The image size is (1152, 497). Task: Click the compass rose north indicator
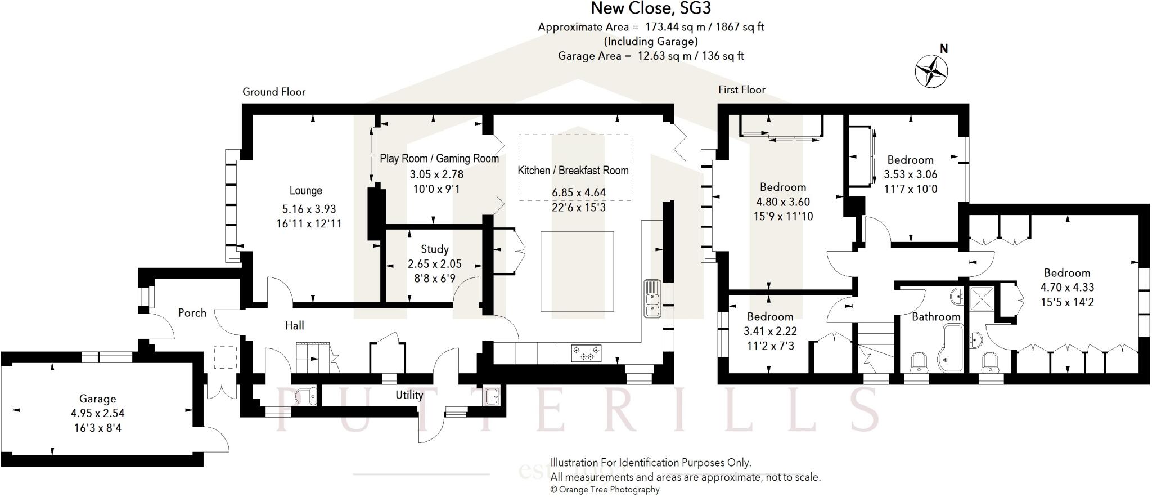[931, 71]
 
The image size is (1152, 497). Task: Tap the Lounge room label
[305, 191]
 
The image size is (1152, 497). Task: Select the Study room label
[434, 249]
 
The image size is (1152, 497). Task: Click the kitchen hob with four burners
[586, 353]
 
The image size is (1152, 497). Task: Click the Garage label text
[97, 399]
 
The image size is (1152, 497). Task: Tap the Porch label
[192, 313]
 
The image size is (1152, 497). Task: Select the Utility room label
[409, 395]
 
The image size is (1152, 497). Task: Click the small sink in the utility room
[491, 396]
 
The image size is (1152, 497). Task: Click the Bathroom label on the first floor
[935, 317]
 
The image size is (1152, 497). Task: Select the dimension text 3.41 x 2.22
[769, 331]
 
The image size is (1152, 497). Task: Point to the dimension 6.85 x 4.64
[578, 192]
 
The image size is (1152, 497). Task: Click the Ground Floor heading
[274, 92]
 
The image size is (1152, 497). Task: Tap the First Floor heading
[741, 90]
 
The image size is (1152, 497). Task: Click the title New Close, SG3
[651, 8]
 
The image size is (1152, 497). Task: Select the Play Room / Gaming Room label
[439, 159]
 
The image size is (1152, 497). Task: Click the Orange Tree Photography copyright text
[604, 490]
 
